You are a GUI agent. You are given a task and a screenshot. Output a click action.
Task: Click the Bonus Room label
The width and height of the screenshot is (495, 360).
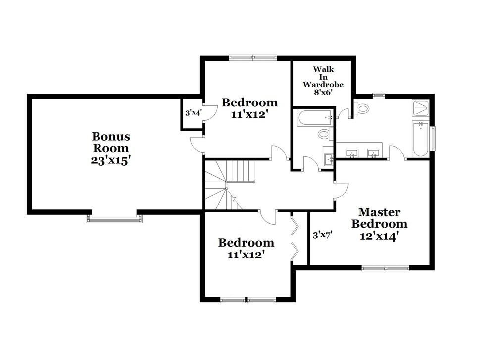111,142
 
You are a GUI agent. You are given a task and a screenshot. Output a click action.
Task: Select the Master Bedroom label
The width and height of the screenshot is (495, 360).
379,218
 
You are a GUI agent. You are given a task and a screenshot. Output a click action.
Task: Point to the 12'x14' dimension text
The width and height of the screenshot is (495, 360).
379,236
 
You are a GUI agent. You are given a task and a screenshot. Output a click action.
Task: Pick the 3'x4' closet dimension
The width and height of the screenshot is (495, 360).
193,113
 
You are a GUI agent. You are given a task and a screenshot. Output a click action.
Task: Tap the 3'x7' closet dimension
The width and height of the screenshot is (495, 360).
322,235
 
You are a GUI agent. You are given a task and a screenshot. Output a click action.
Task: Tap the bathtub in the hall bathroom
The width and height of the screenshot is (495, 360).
315,117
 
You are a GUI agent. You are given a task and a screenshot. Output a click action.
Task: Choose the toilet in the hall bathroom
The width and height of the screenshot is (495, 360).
325,133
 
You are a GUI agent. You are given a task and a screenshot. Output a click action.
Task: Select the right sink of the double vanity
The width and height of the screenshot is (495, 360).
374,152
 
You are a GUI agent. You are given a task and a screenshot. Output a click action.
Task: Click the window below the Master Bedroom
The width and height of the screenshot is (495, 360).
386,268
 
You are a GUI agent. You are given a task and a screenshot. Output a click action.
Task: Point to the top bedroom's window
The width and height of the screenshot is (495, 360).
253,57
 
